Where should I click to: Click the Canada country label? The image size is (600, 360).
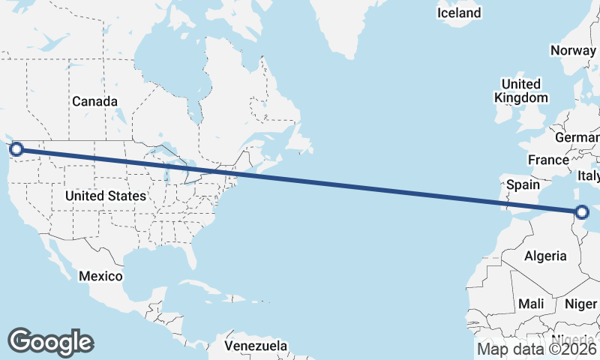click(94, 101)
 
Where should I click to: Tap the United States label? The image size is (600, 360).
click(105, 196)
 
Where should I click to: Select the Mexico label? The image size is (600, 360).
click(100, 276)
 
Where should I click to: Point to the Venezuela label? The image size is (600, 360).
click(256, 346)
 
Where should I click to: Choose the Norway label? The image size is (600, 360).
click(573, 50)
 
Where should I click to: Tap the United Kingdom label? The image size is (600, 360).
click(521, 91)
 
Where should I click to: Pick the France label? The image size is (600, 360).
click(548, 160)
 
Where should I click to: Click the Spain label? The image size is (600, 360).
click(523, 184)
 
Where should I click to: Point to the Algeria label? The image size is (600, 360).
click(545, 256)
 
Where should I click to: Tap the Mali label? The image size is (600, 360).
click(530, 304)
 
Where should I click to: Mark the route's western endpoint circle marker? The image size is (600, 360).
click(16, 149)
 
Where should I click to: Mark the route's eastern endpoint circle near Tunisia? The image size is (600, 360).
click(583, 212)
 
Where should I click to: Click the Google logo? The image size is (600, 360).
click(50, 341)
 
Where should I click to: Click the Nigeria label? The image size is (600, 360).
click(576, 339)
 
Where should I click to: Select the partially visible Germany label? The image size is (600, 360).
click(577, 138)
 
